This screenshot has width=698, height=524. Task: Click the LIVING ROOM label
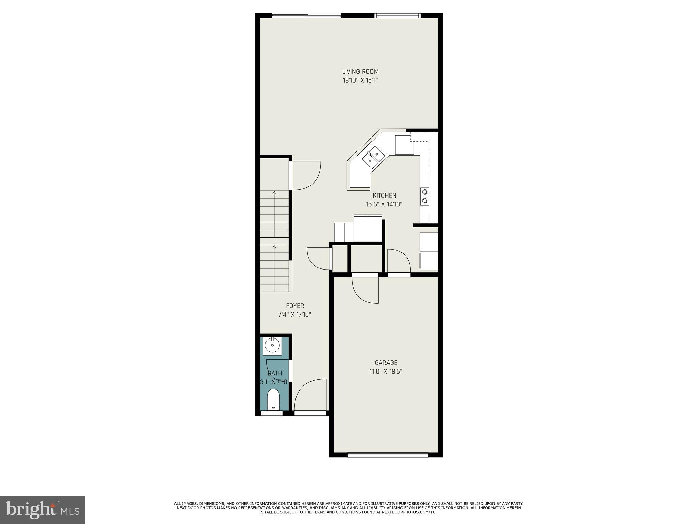coord(360,72)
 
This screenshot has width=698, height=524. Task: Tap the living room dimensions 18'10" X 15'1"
coord(360,81)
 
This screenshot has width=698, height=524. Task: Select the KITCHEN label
coord(384,196)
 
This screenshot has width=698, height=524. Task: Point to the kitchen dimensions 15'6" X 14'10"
coord(384,205)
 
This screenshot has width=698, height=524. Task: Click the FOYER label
coord(295,306)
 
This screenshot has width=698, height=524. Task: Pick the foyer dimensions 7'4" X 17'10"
coord(295,315)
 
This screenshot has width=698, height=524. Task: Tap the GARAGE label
coord(386,363)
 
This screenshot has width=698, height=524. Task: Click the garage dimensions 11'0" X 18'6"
coord(386,372)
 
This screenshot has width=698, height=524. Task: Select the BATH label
coord(275,373)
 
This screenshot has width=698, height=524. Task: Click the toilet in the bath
coord(273,399)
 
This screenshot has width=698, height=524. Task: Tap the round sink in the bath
coord(272,346)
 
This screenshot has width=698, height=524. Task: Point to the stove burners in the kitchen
coord(425,196)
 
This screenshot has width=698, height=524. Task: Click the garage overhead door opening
coord(388,454)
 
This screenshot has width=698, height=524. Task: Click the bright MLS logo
coord(43,510)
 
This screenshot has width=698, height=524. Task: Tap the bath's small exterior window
coord(272,413)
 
